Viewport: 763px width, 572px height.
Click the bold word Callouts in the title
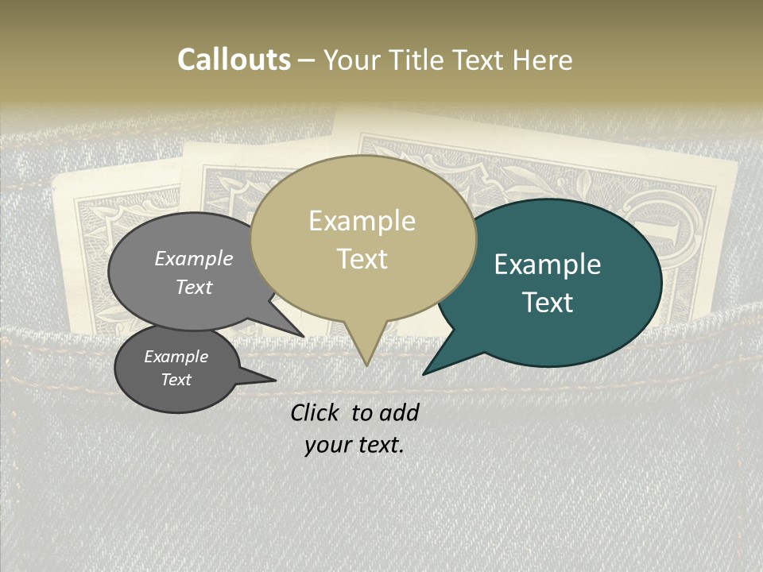click(x=234, y=60)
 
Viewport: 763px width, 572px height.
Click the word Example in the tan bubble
click(x=362, y=221)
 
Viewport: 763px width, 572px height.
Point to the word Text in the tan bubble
click(x=362, y=259)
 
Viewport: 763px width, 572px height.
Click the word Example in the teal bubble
click(x=548, y=265)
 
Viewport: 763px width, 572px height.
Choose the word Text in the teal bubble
click(x=548, y=303)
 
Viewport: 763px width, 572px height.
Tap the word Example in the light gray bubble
click(x=194, y=258)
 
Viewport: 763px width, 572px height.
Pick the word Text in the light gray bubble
click(x=194, y=287)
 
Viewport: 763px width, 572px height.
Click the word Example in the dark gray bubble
click(x=176, y=357)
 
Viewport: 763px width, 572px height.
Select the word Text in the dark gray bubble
click(x=176, y=380)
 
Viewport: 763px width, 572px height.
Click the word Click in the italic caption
click(x=316, y=412)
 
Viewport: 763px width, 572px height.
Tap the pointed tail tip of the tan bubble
click(x=366, y=365)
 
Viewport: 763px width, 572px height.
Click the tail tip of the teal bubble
click(x=424, y=374)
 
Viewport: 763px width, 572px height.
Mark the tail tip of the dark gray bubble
click(x=275, y=380)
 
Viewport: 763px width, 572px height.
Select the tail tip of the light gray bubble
click(x=304, y=337)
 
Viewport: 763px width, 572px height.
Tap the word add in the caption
click(x=399, y=412)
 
